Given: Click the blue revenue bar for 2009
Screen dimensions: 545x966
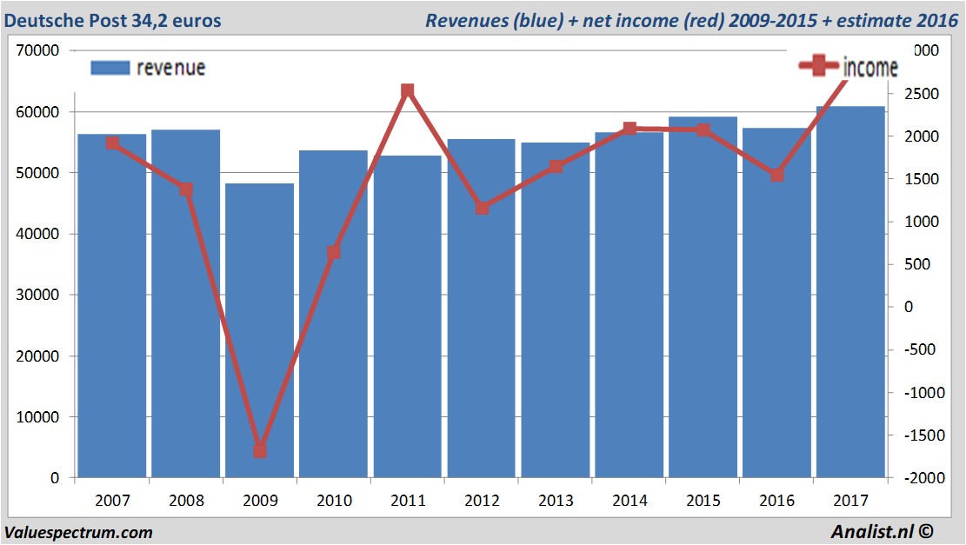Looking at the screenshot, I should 260,330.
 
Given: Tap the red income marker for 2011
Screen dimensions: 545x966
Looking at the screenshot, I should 408,90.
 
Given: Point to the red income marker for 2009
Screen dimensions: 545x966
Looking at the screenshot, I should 260,450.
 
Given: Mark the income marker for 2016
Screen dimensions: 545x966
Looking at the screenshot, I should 777,175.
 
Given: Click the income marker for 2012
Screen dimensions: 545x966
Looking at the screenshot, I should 483,208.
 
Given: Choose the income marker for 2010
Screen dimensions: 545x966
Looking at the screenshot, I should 334,253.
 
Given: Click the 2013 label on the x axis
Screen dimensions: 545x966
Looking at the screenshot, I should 556,501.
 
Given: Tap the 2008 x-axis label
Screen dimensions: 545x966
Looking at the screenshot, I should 186,501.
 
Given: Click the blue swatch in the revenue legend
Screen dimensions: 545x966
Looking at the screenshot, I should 110,68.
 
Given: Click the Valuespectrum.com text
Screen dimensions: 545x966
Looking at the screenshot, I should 78,532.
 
